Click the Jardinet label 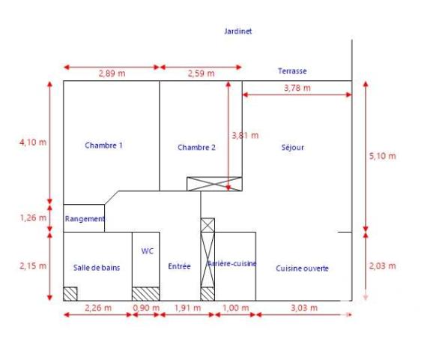click(238, 31)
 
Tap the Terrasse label click(292, 71)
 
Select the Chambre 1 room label click(103, 145)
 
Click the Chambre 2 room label click(196, 148)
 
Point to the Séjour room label click(292, 148)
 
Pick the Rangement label click(85, 219)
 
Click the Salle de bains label click(97, 267)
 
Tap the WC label click(147, 252)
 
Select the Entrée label click(179, 266)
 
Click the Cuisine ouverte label click(302, 268)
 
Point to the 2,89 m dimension click(111, 73)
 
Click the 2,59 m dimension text click(200, 73)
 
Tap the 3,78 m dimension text click(297, 88)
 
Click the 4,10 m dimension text click(33, 142)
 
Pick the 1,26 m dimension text click(33, 218)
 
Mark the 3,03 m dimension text click(303, 308)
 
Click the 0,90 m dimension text click(145, 308)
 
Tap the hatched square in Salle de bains click(70, 293)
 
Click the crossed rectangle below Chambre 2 click(214, 184)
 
